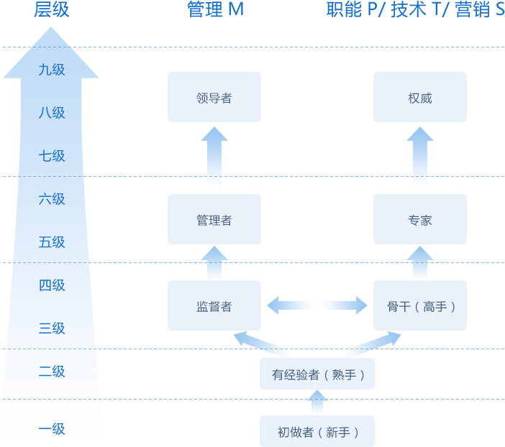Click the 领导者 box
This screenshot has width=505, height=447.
coord(214,97)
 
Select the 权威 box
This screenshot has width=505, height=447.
coord(419,97)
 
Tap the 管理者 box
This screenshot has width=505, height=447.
coord(214,219)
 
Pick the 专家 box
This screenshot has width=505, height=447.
coord(419,219)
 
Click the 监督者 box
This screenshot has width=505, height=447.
coord(214,305)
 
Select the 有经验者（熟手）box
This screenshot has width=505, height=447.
coord(317,374)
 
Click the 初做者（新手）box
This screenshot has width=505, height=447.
coord(317,431)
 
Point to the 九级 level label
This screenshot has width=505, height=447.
coord(52,70)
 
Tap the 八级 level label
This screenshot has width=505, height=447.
coord(52,113)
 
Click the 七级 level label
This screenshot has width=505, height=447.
coord(52,156)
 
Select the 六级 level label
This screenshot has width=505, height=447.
coord(52,199)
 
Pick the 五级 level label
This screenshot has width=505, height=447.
coord(52,242)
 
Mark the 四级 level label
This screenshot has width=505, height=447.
coord(52,285)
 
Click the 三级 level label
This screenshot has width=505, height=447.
coord(52,328)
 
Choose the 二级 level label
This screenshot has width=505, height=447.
coord(52,372)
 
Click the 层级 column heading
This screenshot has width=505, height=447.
coord(52,10)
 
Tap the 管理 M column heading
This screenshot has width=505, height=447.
coord(215,10)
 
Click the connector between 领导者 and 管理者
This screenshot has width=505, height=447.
coord(214,157)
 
